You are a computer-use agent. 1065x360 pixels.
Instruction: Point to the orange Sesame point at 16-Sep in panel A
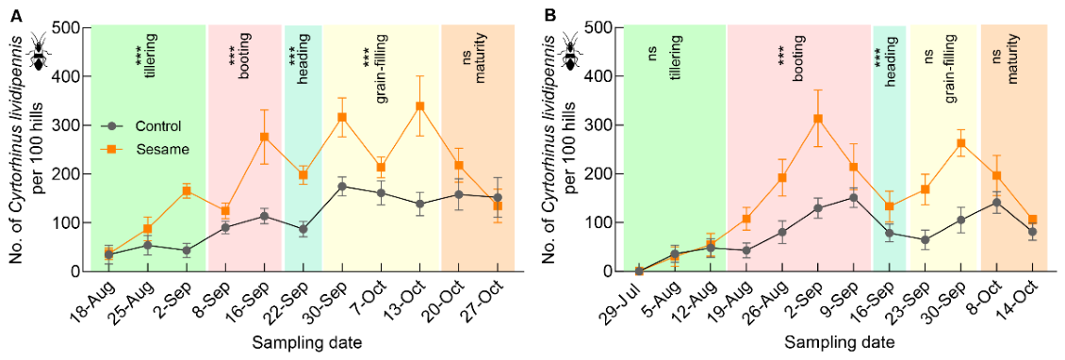[265, 137]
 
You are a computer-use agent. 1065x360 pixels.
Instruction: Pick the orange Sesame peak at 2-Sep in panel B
[818, 119]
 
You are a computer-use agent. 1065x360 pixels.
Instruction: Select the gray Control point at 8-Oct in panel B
[996, 203]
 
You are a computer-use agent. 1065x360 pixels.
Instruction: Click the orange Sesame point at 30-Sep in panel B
[960, 143]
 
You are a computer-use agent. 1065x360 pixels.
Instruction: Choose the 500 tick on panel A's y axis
[73, 28]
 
